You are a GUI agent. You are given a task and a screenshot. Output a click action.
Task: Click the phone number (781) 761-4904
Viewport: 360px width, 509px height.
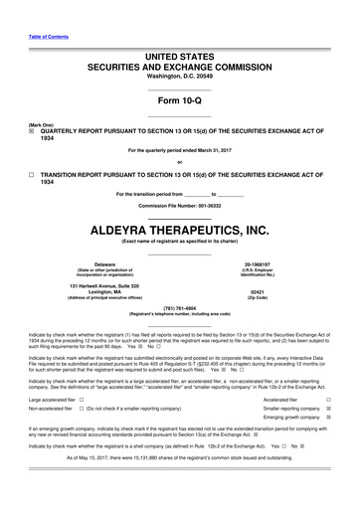point(179,307)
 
